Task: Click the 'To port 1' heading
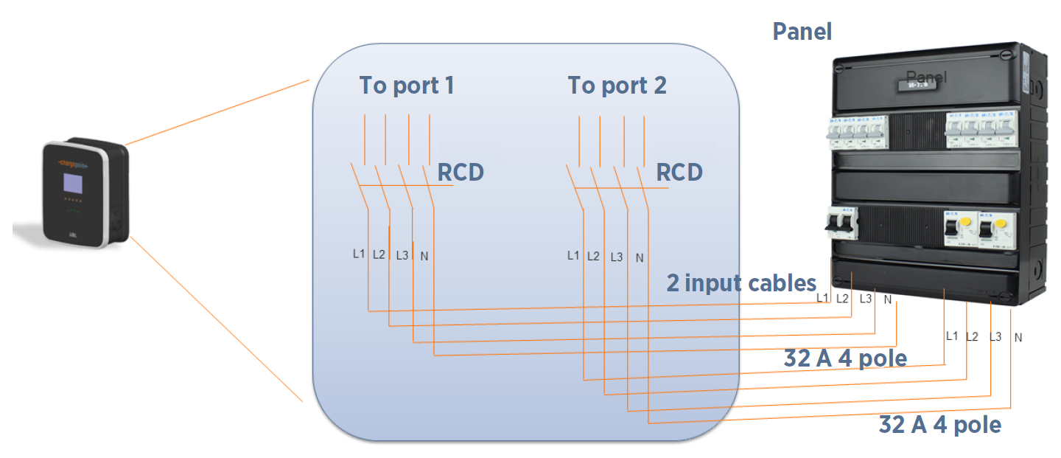coord(406,86)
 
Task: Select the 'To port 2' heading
coord(617,86)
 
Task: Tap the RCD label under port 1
coord(461,173)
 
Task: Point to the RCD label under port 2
coord(679,173)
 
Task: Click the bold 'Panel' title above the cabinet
coord(802,32)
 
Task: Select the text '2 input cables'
coord(741,283)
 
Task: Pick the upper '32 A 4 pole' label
coord(844,359)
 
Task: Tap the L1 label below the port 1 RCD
coord(359,254)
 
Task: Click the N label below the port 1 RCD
coord(424,257)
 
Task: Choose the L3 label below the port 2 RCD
coord(617,257)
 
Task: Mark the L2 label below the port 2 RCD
coord(593,257)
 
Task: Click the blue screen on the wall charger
coord(72,184)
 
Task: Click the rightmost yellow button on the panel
coord(999,224)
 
